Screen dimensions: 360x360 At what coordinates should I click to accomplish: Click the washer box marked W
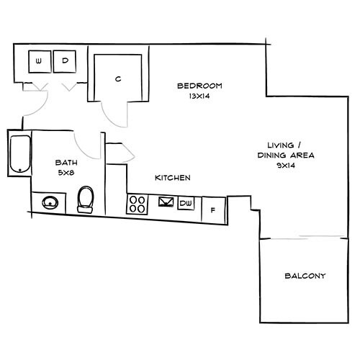point(38,61)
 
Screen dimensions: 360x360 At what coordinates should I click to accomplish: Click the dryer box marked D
point(65,61)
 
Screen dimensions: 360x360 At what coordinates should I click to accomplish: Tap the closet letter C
point(117,78)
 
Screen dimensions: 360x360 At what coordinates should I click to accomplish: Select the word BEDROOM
point(199,86)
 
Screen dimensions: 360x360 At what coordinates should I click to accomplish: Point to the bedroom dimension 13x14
point(199,95)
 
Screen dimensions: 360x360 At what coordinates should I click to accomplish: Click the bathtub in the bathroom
point(18,152)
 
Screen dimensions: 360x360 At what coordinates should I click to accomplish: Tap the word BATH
point(66,163)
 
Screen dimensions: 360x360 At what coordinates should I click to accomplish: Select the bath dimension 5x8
point(66,173)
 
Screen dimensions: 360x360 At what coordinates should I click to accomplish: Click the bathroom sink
point(50,202)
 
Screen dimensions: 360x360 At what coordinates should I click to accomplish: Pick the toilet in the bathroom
point(86,198)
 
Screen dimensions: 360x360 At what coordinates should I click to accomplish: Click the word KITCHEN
point(173,177)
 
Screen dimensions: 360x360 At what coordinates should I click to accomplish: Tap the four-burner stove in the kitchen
point(137,204)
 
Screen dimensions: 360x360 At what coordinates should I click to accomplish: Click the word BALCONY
point(305,276)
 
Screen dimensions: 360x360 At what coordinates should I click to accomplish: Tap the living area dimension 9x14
point(287,165)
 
